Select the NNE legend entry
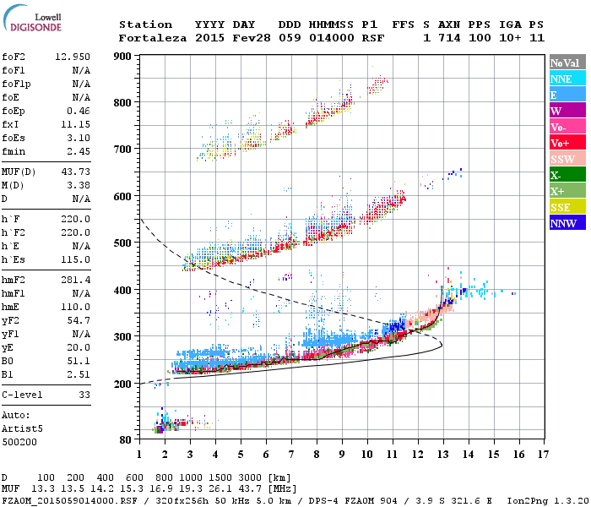click(566, 79)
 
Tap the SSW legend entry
click(566, 159)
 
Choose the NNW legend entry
click(566, 223)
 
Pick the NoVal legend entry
click(566, 63)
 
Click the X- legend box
click(566, 175)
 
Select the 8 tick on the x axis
click(317, 455)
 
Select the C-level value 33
click(84, 394)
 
